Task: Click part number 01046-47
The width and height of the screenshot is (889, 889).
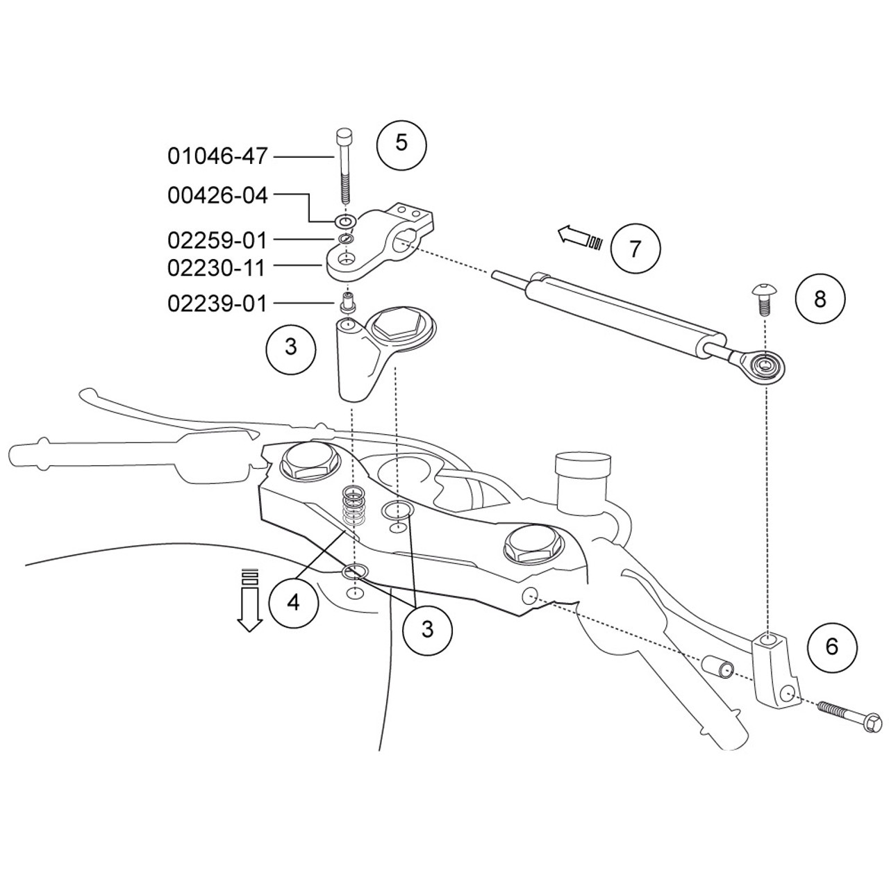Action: click(217, 156)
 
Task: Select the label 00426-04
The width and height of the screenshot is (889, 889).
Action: click(217, 197)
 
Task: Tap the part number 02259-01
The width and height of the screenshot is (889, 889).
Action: click(217, 240)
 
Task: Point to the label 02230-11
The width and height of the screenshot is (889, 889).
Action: click(217, 267)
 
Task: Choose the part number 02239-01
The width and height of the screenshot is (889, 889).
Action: click(217, 303)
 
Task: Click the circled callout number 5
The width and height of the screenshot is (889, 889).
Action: click(401, 143)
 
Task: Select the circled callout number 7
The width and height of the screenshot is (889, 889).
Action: click(635, 248)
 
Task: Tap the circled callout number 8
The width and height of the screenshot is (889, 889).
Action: click(820, 299)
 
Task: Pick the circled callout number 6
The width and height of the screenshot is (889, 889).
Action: click(832, 646)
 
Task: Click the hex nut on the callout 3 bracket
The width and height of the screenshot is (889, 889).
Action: click(393, 325)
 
